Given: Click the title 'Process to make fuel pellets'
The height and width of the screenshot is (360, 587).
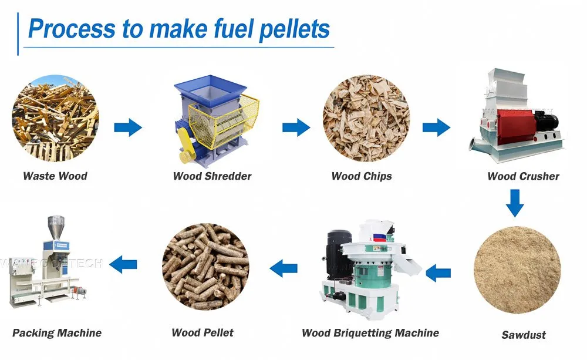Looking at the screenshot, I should pyautogui.click(x=179, y=28).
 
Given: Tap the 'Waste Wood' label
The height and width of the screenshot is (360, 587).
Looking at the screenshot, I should pyautogui.click(x=55, y=176).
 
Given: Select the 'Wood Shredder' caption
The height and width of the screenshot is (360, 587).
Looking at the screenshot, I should pyautogui.click(x=212, y=176).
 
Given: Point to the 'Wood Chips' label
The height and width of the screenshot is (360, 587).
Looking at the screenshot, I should pyautogui.click(x=362, y=176).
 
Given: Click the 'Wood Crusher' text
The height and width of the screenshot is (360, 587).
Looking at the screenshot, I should pyautogui.click(x=523, y=176).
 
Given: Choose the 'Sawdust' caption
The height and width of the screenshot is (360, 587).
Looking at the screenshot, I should pyautogui.click(x=523, y=335).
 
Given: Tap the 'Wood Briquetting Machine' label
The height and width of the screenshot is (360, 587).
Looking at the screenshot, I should pyautogui.click(x=370, y=333).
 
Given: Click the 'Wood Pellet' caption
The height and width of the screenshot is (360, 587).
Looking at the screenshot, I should pyautogui.click(x=203, y=333).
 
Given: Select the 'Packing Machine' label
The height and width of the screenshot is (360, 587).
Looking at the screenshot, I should pyautogui.click(x=57, y=333).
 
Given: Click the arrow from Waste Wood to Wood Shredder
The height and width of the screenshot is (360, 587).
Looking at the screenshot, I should pyautogui.click(x=127, y=127).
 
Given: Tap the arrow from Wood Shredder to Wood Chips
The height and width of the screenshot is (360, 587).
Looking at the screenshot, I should pyautogui.click(x=296, y=127).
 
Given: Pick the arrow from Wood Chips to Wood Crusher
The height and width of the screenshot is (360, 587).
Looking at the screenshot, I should pyautogui.click(x=436, y=127).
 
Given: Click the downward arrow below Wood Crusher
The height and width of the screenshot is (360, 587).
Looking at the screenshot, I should pyautogui.click(x=515, y=203).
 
